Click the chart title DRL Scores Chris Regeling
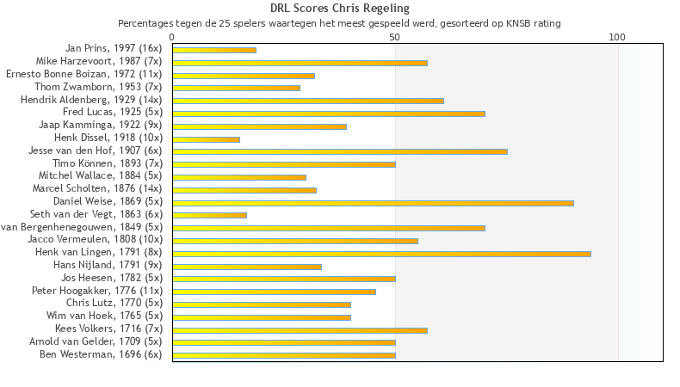tap(339, 9)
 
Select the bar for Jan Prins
tap(214, 50)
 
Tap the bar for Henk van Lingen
tap(381, 254)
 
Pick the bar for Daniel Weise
tap(373, 203)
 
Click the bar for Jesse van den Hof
tap(340, 151)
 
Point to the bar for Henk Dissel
tap(206, 138)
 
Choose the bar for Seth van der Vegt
tap(209, 215)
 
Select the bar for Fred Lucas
tap(329, 114)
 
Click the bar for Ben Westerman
tap(284, 355)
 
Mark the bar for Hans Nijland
tap(247, 267)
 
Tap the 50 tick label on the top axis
tap(395, 37)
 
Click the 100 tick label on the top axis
tap(617, 37)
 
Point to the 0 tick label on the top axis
tap(172, 37)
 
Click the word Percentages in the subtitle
tap(145, 23)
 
